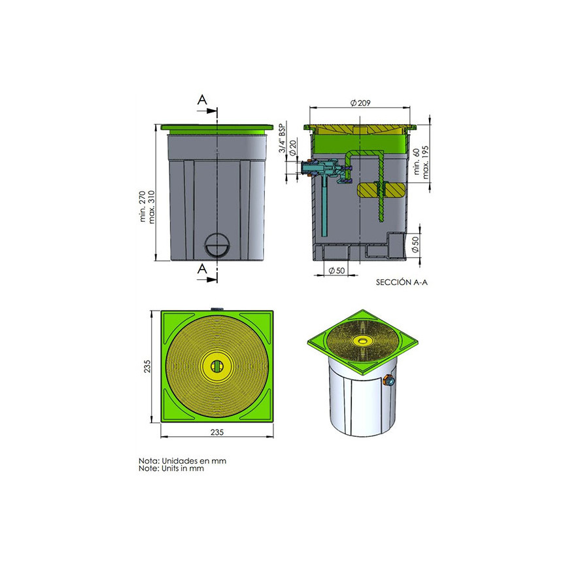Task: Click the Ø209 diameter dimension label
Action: [x=360, y=103]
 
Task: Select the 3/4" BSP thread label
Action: [x=283, y=138]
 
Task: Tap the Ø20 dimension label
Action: [x=293, y=148]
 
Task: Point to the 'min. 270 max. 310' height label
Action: [x=147, y=207]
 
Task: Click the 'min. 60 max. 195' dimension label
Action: [x=421, y=162]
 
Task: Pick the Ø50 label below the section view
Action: [x=336, y=271]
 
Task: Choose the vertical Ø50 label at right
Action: [x=415, y=244]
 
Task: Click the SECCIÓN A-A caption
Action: [x=402, y=283]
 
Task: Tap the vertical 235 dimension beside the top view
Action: [x=147, y=366]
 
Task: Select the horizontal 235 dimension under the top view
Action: [x=217, y=432]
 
